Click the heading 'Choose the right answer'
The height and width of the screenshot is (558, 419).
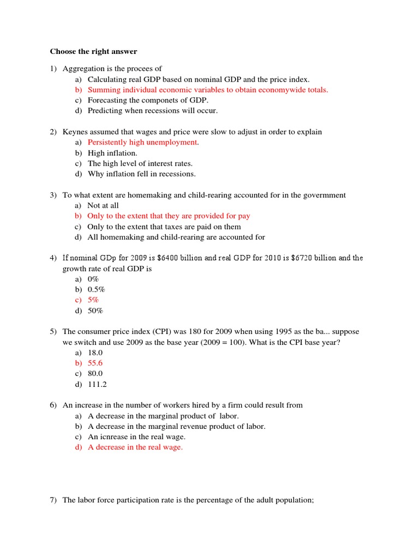[x=93, y=52]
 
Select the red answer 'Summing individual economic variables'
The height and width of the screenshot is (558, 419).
[x=208, y=90]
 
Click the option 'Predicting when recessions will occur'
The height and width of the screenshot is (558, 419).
[x=152, y=111]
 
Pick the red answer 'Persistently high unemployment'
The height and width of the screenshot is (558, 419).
[x=143, y=142]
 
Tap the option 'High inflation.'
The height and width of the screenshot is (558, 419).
[x=112, y=153]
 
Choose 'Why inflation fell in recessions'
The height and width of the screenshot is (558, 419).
[x=141, y=174]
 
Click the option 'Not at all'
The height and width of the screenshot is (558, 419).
[x=103, y=205]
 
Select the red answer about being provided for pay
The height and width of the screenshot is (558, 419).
[x=169, y=216]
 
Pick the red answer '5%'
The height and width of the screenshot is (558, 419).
[x=93, y=300]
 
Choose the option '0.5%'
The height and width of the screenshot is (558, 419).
[x=97, y=289]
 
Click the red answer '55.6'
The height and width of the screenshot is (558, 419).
[x=95, y=363]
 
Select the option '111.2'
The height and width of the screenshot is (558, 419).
[x=97, y=384]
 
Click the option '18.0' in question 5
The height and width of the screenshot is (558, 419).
[x=95, y=353]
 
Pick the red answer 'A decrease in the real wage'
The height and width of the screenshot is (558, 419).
[x=135, y=447]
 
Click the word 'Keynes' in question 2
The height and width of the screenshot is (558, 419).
[x=75, y=132]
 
